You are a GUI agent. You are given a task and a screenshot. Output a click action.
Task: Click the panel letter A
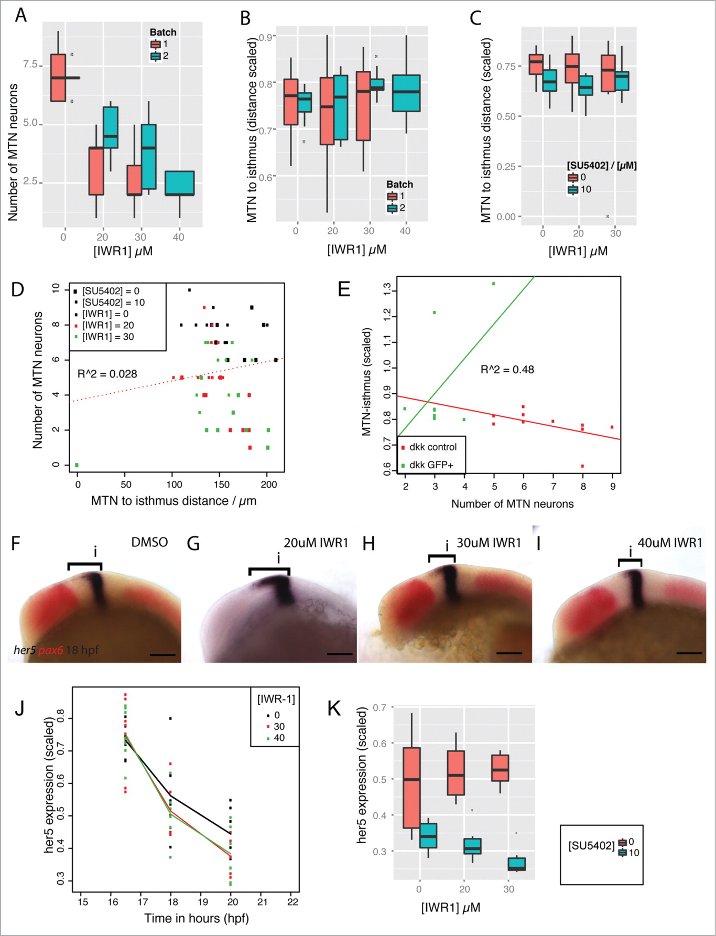point(20,16)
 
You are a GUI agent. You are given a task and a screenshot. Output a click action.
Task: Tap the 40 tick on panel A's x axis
point(179,237)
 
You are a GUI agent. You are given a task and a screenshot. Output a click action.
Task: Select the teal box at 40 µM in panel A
point(180,183)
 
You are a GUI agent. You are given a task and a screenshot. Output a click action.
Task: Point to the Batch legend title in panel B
point(399,185)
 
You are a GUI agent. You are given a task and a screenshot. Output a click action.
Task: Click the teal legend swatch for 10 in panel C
point(573,190)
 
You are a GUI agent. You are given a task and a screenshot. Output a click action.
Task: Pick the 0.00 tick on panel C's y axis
point(506,217)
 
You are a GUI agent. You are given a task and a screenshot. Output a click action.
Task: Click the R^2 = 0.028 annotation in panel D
point(107,374)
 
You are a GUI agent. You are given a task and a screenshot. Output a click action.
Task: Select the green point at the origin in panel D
point(77,465)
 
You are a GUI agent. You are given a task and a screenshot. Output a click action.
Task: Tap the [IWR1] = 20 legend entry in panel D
point(107,325)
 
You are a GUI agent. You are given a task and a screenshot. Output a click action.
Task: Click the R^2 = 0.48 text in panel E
point(507,370)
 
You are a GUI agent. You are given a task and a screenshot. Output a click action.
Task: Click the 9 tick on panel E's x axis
point(613,487)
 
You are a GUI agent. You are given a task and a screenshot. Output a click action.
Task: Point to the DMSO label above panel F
point(149,542)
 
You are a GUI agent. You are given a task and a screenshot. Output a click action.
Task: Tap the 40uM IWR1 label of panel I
point(669,543)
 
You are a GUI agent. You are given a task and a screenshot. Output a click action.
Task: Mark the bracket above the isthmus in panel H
point(442,556)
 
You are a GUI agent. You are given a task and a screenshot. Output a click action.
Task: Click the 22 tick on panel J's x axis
point(293,902)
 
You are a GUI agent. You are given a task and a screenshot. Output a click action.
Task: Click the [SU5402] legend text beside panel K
point(591,846)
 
